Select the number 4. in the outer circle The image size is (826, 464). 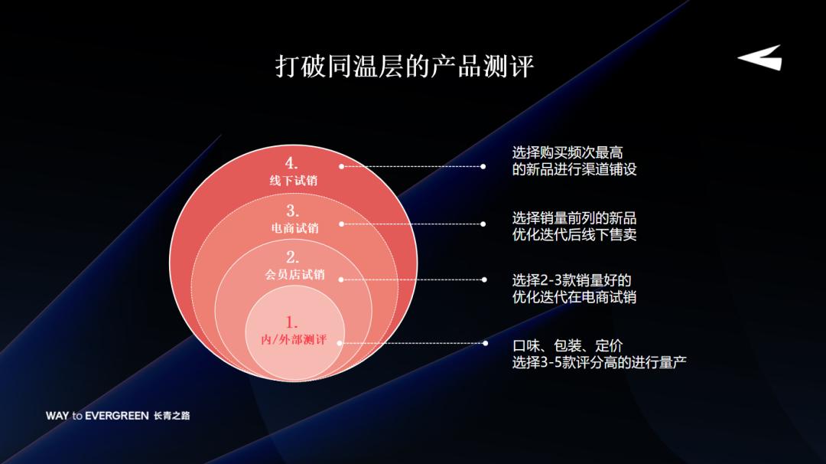click(291, 163)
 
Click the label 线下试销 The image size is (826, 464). click(293, 181)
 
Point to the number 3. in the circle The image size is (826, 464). click(293, 211)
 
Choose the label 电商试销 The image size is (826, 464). click(294, 228)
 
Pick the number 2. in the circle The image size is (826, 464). click(293, 257)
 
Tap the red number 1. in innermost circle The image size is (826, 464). click(292, 322)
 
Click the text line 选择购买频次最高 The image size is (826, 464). click(567, 153)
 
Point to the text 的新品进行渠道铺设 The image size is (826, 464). click(574, 170)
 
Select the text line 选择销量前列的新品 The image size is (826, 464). click(574, 217)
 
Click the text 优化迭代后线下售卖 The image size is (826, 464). click(574, 235)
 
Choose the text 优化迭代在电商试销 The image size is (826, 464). click(574, 297)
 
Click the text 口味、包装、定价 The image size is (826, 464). click(562, 345)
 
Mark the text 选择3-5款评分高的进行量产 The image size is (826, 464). click(599, 363)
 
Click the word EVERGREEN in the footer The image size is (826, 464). click(117, 416)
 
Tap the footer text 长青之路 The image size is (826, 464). click(171, 416)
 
